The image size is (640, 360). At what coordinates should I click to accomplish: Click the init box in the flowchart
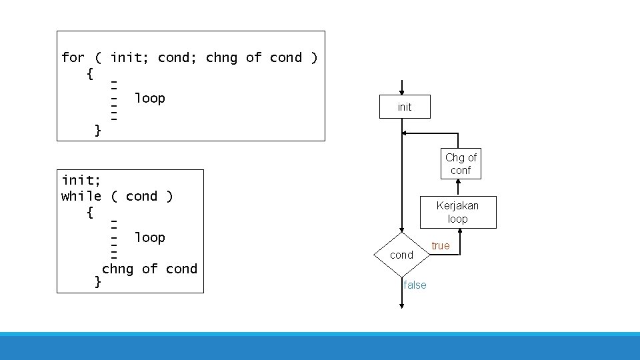point(405,107)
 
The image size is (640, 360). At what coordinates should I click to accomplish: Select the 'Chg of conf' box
point(461,164)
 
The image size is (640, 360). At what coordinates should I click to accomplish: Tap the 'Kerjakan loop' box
point(457,212)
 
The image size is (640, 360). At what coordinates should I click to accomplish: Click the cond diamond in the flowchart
point(402,255)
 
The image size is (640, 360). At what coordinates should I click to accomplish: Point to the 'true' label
point(440,246)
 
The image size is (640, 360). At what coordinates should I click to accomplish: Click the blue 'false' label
point(415,285)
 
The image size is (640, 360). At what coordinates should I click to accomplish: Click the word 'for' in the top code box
point(73,58)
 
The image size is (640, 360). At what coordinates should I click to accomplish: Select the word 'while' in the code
point(81,196)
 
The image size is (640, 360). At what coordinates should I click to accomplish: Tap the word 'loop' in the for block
point(149,99)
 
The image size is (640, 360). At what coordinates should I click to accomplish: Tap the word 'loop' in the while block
point(149,237)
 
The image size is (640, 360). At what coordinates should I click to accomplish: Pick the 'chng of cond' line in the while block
point(149,269)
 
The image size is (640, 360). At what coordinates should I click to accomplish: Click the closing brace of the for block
point(98,130)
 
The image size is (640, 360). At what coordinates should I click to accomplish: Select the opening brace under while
point(90,213)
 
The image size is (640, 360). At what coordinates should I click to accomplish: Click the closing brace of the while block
point(98,282)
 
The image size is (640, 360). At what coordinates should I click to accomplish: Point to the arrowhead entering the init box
point(402,93)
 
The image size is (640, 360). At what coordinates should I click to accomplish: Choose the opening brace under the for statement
point(90,73)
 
